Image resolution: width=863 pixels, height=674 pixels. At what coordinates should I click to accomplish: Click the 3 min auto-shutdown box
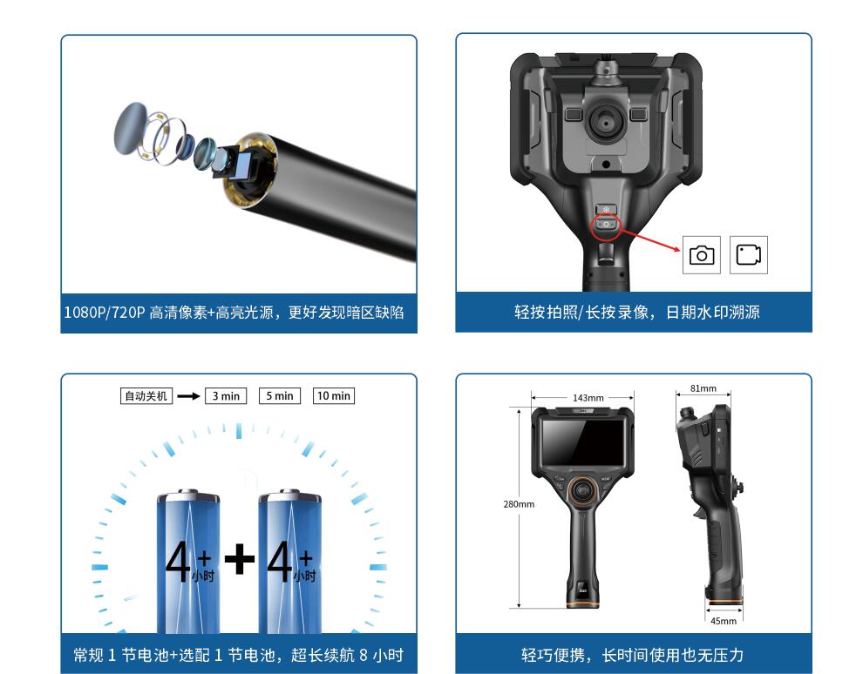(226, 396)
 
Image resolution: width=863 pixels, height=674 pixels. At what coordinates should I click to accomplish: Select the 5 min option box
(280, 396)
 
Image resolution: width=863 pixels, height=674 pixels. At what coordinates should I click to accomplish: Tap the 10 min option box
(334, 396)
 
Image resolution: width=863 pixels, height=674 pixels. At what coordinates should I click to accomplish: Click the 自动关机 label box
(146, 396)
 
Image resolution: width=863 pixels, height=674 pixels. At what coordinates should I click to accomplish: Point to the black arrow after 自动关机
(189, 396)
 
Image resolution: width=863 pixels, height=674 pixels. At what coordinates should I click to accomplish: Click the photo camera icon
(702, 255)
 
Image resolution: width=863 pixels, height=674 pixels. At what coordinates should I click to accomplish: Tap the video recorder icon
(749, 255)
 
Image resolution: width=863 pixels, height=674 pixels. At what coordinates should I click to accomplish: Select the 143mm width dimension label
(588, 398)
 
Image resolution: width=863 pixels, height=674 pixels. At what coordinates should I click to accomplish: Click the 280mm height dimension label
(519, 504)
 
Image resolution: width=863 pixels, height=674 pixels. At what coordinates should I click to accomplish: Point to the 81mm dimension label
(703, 388)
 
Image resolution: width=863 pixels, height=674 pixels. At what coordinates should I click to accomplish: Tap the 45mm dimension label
(724, 621)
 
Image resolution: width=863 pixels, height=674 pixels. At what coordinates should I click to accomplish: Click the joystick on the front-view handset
(582, 489)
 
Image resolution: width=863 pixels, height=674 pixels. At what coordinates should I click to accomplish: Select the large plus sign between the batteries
(240, 559)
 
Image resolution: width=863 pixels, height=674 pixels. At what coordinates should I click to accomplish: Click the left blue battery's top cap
(188, 495)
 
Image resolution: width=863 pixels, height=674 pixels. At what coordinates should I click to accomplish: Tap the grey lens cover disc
(130, 128)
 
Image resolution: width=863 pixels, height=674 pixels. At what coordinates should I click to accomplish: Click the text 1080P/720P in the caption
(105, 313)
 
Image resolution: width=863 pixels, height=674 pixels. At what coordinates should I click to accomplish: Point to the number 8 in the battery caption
(364, 656)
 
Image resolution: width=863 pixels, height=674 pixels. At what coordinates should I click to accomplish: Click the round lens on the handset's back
(606, 123)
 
